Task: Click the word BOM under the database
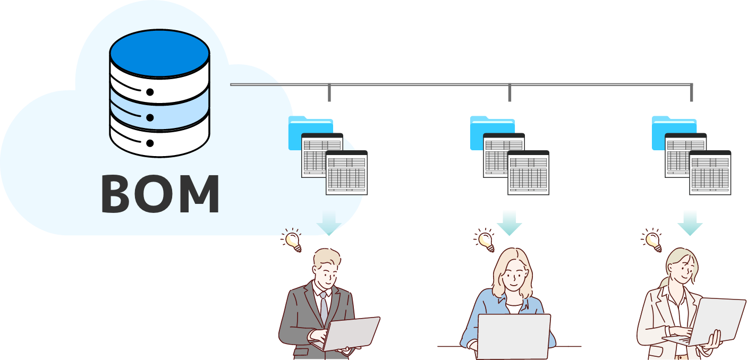[160, 194]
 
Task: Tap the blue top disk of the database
[159, 54]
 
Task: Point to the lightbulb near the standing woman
[652, 241]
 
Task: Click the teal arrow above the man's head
[329, 222]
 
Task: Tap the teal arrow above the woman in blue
[510, 222]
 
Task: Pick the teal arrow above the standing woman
[690, 222]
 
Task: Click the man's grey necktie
[323, 307]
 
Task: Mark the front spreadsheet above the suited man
[346, 173]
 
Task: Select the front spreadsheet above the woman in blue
[528, 173]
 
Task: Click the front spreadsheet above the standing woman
[710, 173]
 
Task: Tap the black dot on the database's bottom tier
[150, 143]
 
